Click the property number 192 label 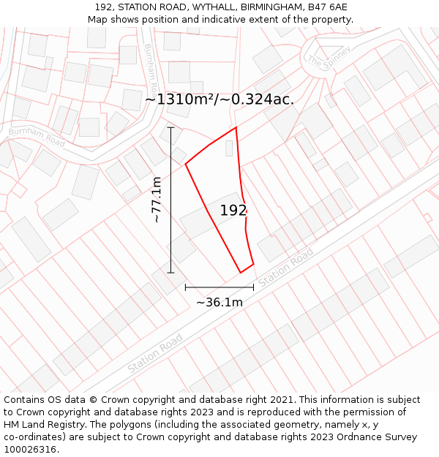pos(233,211)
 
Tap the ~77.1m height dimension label pos(157,199)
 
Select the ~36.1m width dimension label pos(219,302)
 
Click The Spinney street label pos(329,55)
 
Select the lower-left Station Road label pos(154,352)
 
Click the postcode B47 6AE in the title pos(328,7)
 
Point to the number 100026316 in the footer pos(29,450)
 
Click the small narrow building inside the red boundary pos(229,148)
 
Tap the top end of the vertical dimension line pos(171,128)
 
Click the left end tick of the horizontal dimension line pos(185,287)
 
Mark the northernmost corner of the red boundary pos(236,128)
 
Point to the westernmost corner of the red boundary pos(185,164)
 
